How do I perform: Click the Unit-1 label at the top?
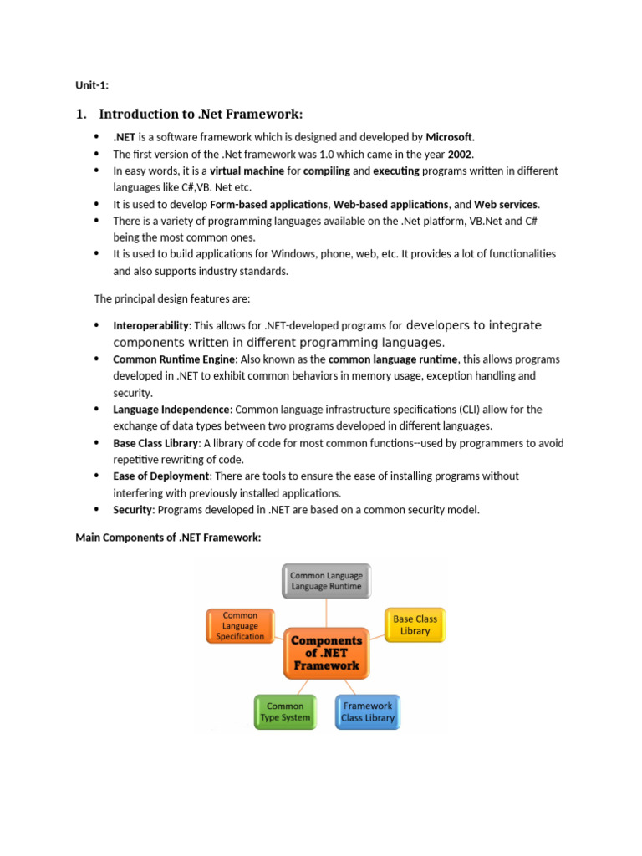(x=92, y=84)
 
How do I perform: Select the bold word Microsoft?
(x=449, y=137)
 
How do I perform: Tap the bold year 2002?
(x=460, y=154)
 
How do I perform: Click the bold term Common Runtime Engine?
(x=175, y=359)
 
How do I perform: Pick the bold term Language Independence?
(x=171, y=410)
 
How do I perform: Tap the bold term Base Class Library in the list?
(x=155, y=443)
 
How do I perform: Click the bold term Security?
(x=132, y=510)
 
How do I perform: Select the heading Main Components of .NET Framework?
(x=168, y=538)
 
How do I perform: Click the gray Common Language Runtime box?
(x=325, y=581)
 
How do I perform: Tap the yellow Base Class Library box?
(x=415, y=625)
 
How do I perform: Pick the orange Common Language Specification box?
(x=240, y=626)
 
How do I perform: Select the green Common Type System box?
(x=285, y=711)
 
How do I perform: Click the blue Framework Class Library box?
(x=367, y=711)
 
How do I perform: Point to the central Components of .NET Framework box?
(x=326, y=653)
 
